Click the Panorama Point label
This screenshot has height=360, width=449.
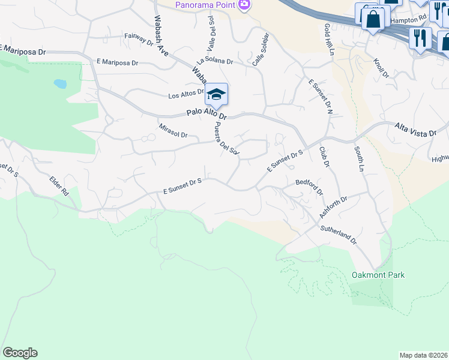(x=205, y=5)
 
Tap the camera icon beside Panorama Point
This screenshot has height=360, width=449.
(x=244, y=5)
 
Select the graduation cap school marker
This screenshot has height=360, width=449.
(x=216, y=95)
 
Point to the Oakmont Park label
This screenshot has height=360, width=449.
(x=378, y=275)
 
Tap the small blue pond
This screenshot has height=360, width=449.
(x=60, y=84)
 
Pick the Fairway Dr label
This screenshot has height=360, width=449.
(x=139, y=40)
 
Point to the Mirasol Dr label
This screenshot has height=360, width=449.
(x=173, y=131)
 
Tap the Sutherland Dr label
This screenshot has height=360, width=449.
(x=337, y=235)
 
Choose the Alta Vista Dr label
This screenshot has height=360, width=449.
(x=414, y=128)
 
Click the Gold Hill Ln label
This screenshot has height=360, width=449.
(x=328, y=40)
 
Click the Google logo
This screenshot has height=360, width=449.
(x=20, y=353)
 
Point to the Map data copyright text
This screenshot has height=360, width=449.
(x=423, y=355)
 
